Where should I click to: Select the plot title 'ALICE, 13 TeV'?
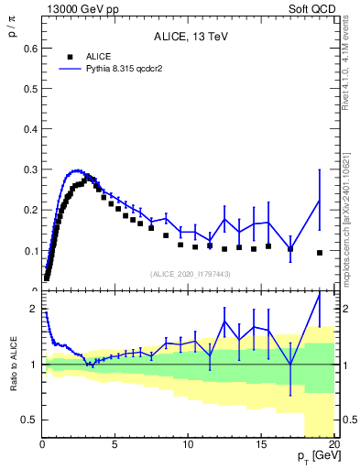191,37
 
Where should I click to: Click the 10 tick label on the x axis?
187,445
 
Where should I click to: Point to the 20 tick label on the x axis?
333,445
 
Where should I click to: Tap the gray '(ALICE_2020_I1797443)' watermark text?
191,273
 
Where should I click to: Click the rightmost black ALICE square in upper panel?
320,253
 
